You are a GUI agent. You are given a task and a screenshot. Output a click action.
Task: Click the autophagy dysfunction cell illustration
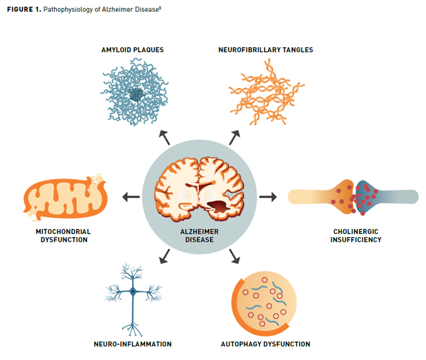(x=263, y=304)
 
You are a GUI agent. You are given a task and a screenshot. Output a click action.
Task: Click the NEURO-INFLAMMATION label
(x=133, y=344)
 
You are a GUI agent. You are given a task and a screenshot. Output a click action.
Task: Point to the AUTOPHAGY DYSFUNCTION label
(x=265, y=344)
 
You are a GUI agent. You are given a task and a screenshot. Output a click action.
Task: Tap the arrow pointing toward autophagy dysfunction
(x=234, y=256)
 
